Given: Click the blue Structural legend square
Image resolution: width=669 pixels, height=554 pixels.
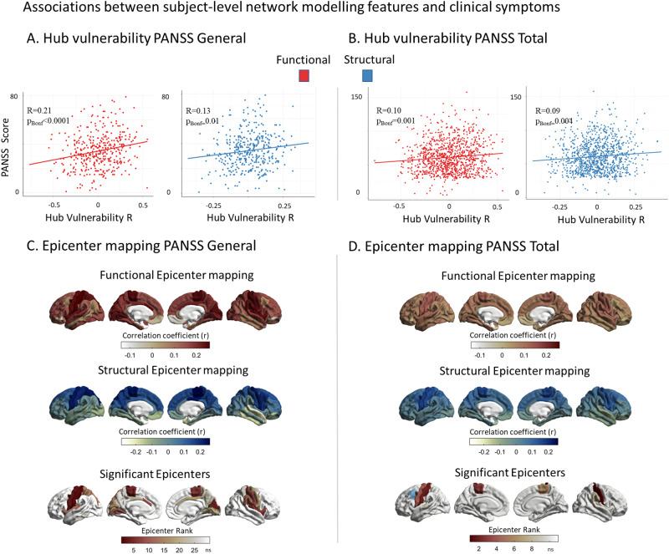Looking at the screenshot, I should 368,76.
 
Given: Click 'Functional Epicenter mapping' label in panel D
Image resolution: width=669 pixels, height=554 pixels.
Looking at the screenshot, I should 513,274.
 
